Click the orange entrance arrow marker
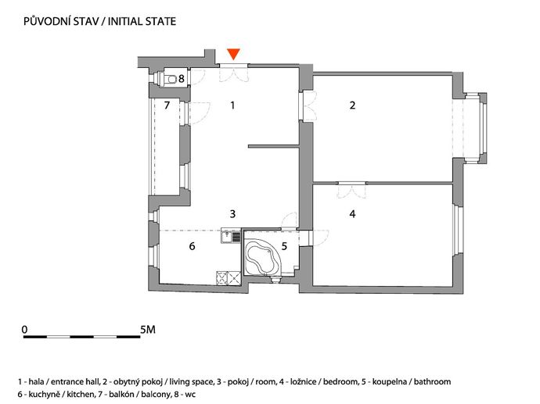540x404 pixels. point(233,54)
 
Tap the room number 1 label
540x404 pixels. point(232,105)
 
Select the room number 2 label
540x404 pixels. point(352,105)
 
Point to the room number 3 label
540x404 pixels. point(232,214)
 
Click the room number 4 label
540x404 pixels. point(352,214)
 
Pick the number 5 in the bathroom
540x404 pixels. point(284,246)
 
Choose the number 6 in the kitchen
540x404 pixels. point(193,246)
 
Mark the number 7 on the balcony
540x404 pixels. point(167,105)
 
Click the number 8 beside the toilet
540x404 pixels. point(181,79)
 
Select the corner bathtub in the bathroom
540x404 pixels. point(262,257)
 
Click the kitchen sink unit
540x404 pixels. point(231,237)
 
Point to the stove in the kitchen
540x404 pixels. point(229,278)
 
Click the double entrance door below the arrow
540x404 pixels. point(233,73)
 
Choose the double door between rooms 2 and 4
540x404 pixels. point(351,190)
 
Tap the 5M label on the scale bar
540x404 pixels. point(148,330)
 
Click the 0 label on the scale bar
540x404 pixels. point(24,330)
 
